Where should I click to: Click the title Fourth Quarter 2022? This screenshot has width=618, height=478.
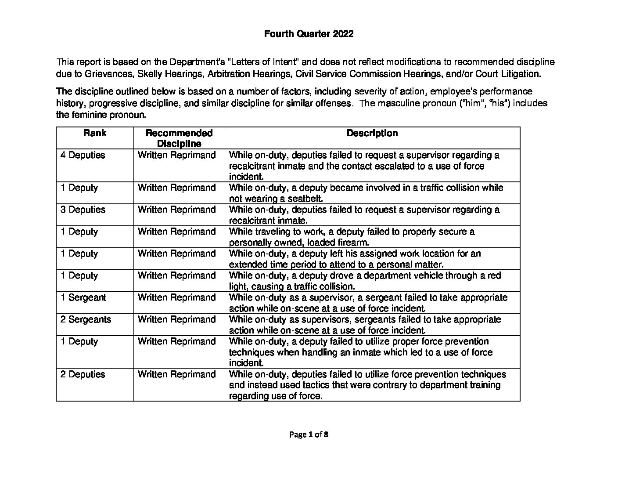[309, 34]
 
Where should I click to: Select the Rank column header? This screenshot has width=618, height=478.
[95, 133]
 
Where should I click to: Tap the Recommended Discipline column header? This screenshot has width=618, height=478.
[179, 138]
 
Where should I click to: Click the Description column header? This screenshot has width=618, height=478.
[372, 133]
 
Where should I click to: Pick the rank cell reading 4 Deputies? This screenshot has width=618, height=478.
[83, 155]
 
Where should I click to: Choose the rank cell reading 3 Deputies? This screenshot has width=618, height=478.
[83, 210]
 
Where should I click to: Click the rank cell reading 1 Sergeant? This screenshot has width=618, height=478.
[83, 297]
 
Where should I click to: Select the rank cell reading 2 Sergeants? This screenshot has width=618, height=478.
[86, 319]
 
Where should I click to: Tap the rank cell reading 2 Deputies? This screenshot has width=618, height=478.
[83, 374]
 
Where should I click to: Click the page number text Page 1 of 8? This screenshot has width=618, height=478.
[309, 435]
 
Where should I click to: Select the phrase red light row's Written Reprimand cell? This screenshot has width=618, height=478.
[176, 275]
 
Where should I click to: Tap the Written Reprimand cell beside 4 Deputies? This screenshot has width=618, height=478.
[176, 155]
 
